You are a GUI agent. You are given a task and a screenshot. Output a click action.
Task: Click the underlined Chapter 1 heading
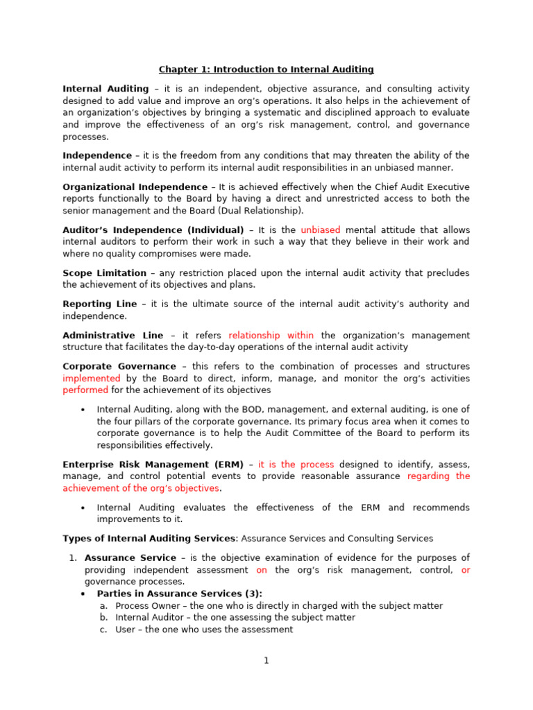(266, 69)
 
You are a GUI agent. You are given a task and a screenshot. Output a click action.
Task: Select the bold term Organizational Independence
(135, 187)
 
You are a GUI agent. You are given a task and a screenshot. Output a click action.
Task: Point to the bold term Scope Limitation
(104, 273)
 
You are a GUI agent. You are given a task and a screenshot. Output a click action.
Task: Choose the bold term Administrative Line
(112, 335)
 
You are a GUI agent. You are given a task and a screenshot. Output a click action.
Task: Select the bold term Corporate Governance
(119, 366)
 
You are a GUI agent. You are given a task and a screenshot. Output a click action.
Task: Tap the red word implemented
(92, 379)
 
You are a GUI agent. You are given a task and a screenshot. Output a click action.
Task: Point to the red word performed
(85, 390)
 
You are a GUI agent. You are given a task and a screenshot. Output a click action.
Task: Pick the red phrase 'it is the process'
(296, 465)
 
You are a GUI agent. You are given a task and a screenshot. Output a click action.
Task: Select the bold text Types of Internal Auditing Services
(149, 538)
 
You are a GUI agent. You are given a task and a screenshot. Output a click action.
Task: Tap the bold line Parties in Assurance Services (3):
(180, 594)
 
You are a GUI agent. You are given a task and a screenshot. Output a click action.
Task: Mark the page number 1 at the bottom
(266, 661)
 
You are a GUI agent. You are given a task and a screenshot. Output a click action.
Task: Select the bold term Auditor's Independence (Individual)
(153, 230)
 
